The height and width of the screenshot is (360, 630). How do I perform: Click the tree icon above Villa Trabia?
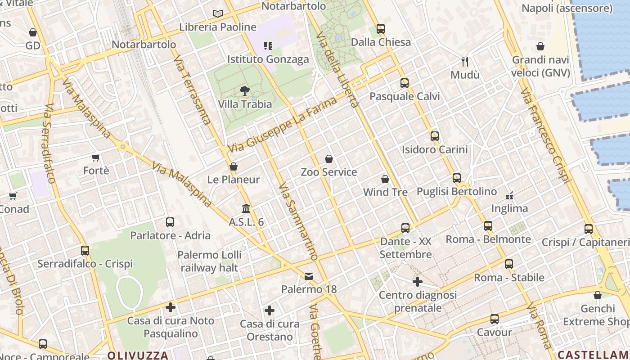[245, 91]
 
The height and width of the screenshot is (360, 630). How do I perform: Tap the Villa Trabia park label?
[245, 104]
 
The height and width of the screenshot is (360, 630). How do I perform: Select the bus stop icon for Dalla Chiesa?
[381, 29]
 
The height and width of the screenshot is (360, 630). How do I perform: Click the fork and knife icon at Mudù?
[465, 62]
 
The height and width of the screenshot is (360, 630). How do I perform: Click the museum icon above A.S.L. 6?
[246, 209]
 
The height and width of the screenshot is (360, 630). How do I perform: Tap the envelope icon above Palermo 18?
[309, 276]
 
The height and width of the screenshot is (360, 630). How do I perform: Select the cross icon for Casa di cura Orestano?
[270, 310]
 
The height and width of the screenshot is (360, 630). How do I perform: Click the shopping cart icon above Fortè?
[96, 157]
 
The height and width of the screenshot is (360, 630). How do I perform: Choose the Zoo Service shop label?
[328, 172]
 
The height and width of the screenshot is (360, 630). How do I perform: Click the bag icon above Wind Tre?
[385, 179]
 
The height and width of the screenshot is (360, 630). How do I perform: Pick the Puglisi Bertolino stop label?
[456, 192]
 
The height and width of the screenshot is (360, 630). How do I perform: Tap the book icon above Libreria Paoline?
[218, 14]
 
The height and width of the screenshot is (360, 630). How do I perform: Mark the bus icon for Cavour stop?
[495, 319]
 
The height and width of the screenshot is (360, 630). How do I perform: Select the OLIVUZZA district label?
[138, 355]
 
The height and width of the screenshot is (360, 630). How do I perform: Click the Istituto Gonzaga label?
[268, 59]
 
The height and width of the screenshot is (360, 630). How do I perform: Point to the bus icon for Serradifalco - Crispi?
[85, 251]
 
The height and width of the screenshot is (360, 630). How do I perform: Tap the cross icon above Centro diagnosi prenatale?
[418, 282]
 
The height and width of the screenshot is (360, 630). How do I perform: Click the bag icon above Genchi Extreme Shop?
[598, 295]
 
